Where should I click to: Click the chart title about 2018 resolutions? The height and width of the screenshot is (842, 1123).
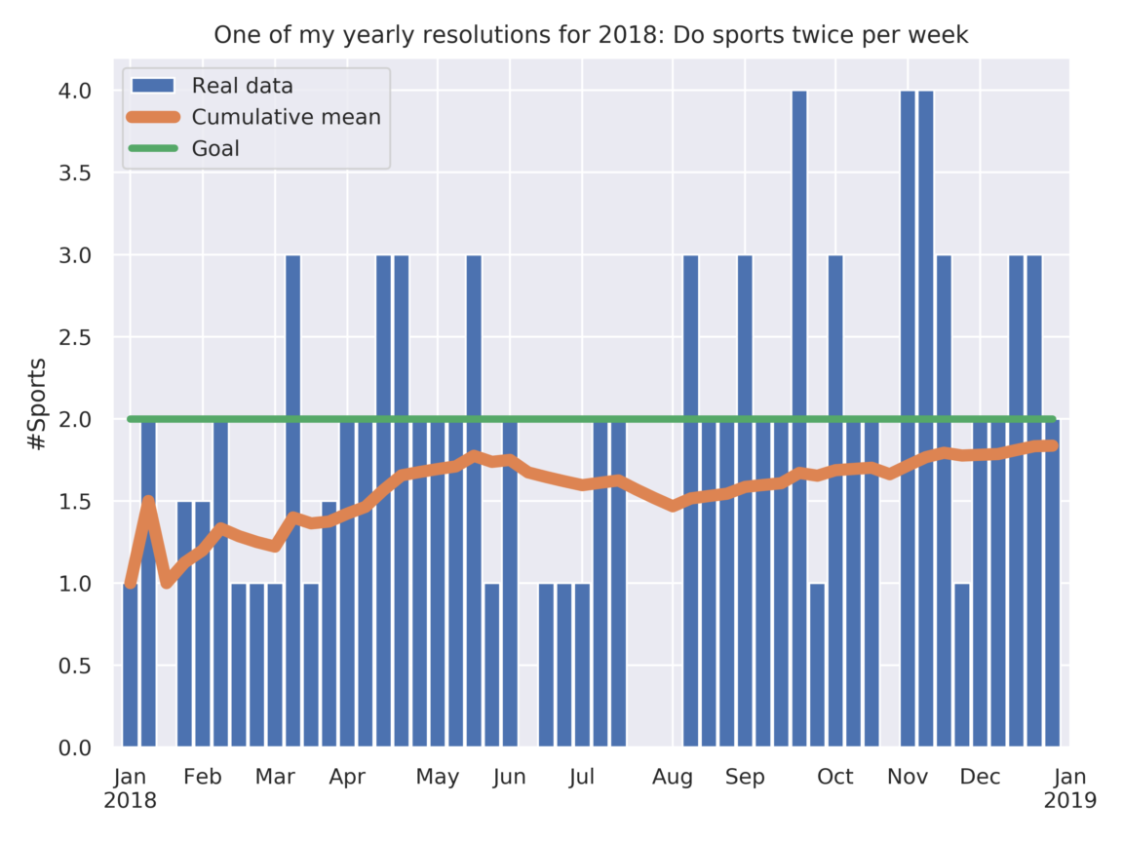[591, 35]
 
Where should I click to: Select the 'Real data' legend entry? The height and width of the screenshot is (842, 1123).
[242, 85]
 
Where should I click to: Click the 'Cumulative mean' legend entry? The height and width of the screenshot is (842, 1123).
[286, 117]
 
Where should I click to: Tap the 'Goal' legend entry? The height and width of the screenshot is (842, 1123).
[215, 148]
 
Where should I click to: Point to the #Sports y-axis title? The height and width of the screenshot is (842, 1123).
[36, 404]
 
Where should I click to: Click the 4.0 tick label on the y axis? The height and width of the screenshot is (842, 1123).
[75, 91]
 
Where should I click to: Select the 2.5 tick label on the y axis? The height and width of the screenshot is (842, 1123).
[75, 337]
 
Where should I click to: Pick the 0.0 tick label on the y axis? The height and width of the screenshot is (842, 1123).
[75, 748]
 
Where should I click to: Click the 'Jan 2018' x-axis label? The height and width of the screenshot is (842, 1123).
[130, 787]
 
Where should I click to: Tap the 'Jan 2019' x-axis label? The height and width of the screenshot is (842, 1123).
[1069, 787]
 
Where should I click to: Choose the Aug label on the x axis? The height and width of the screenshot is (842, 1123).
[673, 777]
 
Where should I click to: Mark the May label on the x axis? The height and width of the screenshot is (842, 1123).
[438, 777]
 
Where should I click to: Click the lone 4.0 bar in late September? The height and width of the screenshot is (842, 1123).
[799, 419]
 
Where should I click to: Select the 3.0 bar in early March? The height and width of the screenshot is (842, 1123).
[292, 502]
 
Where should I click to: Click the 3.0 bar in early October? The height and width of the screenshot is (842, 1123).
[835, 502]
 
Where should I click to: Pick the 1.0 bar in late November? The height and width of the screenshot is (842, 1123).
[962, 666]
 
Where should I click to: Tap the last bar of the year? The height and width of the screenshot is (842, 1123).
[1052, 585]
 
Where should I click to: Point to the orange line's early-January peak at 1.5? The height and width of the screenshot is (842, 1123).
[148, 501]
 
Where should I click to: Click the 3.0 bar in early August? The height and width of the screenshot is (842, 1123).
[690, 502]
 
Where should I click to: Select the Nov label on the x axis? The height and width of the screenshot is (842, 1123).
[908, 777]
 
